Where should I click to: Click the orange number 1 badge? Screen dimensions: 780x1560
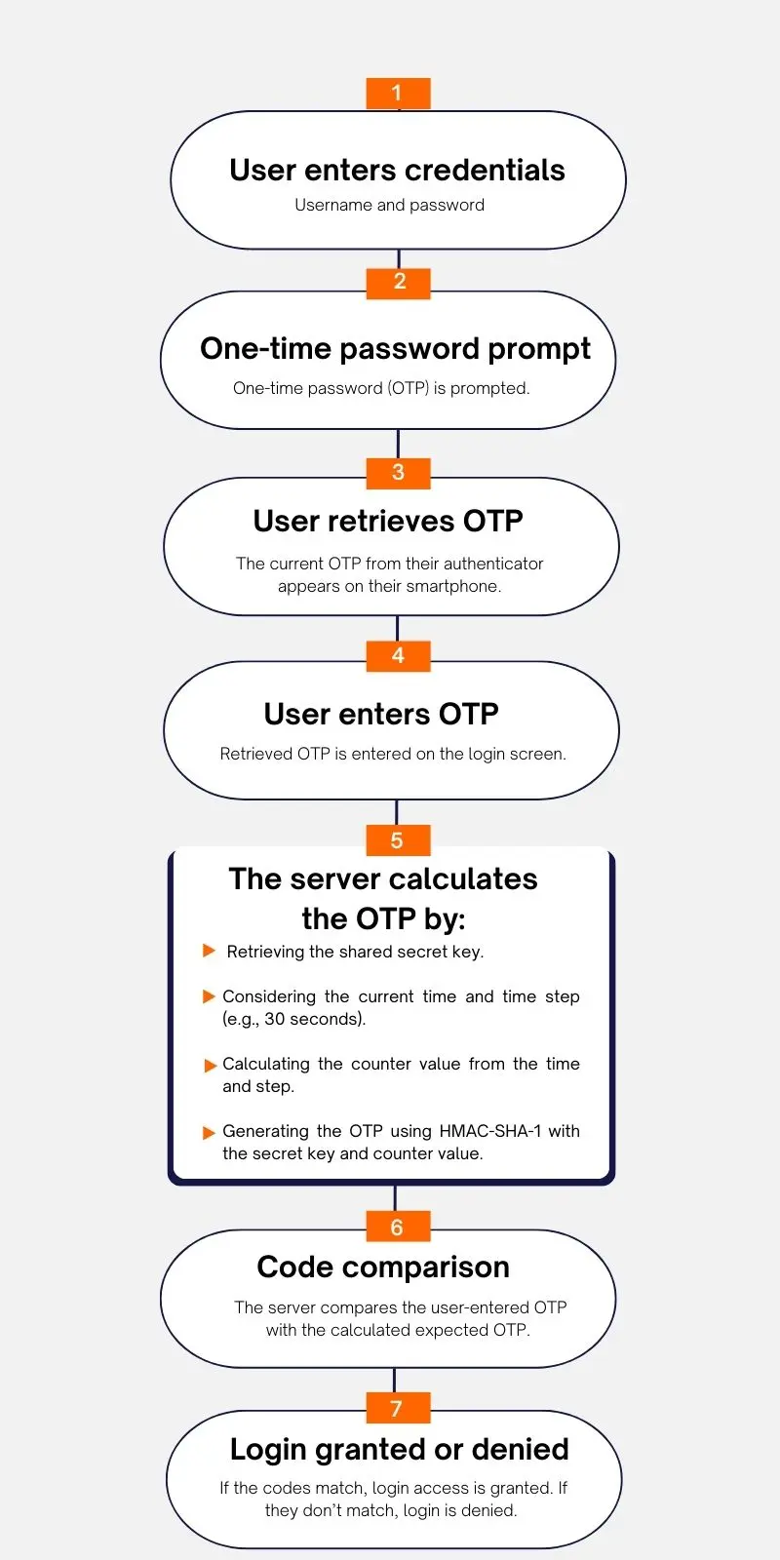(x=398, y=94)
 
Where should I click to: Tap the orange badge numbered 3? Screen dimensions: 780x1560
(x=398, y=474)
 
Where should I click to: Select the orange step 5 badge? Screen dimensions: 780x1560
(x=398, y=839)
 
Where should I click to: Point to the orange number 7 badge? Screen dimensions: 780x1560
(x=398, y=1408)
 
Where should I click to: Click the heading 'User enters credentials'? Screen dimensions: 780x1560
(x=397, y=170)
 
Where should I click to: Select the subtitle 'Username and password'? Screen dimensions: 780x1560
(x=389, y=205)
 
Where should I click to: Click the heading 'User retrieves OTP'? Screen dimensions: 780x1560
(x=388, y=521)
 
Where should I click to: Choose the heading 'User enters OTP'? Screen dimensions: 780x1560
(x=381, y=714)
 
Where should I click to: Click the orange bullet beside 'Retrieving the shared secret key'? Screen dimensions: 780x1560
(x=209, y=951)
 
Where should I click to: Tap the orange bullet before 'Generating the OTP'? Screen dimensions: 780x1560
(x=209, y=1132)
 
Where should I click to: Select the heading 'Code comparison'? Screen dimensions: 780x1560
(x=383, y=1267)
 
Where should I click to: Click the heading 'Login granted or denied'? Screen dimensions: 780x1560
(x=399, y=1449)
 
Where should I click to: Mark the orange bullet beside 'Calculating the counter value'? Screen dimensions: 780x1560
(x=210, y=1066)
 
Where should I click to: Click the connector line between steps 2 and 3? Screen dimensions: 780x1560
(x=398, y=444)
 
